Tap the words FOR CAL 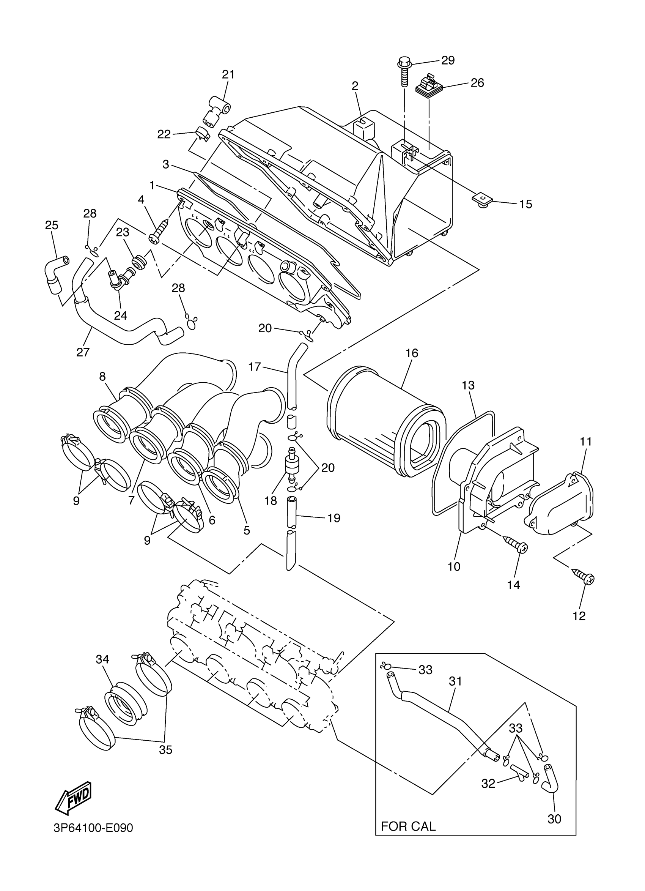point(408,826)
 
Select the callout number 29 point(448,60)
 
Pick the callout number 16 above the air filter point(412,353)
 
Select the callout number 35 point(166,750)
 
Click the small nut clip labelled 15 point(483,200)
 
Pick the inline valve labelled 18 point(291,466)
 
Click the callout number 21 point(228,74)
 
